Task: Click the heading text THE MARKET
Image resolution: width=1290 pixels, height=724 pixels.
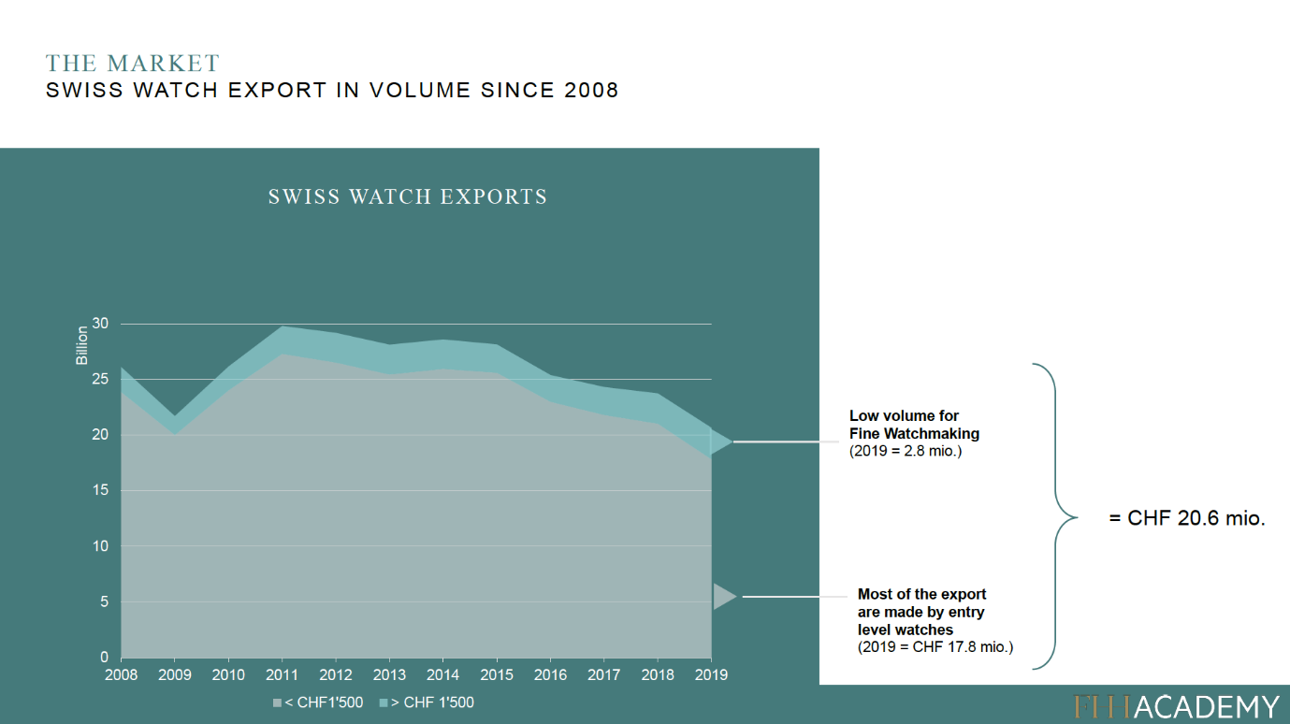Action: click(x=133, y=64)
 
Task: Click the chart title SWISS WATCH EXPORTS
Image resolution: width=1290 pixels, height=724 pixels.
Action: click(x=408, y=197)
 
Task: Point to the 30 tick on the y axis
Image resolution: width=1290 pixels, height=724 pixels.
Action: click(x=100, y=324)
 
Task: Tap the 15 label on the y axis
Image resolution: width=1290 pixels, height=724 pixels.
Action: click(x=100, y=490)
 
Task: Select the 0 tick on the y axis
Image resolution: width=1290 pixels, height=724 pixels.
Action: click(x=105, y=658)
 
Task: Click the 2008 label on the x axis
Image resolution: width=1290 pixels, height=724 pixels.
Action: click(x=121, y=674)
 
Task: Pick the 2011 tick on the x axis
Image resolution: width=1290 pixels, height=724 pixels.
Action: click(x=282, y=674)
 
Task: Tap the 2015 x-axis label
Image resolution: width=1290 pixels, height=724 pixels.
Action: click(x=497, y=674)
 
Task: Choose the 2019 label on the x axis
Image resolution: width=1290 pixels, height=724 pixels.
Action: click(x=712, y=674)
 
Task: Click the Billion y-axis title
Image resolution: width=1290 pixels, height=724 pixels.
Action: click(x=82, y=345)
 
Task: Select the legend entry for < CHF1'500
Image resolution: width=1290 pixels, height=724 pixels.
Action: click(x=318, y=702)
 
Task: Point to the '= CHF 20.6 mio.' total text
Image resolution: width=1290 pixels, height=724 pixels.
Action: click(x=1186, y=518)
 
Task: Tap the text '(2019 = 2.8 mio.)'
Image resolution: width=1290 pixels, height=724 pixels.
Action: click(x=905, y=451)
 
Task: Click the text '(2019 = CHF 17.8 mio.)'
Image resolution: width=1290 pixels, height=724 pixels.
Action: click(x=935, y=646)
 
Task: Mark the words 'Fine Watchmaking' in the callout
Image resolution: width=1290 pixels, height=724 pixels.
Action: click(x=914, y=433)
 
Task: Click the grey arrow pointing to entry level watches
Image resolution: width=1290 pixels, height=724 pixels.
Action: click(x=724, y=596)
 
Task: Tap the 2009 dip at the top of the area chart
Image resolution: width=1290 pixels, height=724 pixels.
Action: click(x=174, y=417)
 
